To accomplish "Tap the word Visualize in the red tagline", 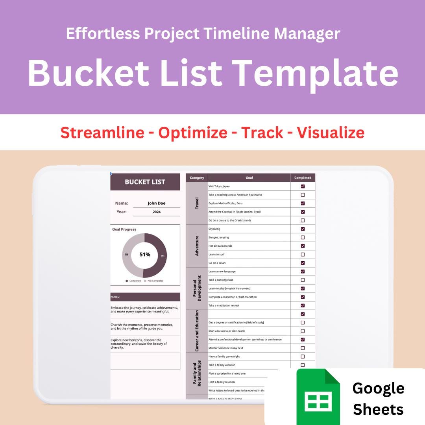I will (331, 133).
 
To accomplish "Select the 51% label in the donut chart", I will (145, 255).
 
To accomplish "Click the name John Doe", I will (156, 203).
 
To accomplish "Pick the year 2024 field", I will (156, 212).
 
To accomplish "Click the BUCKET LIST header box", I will (145, 182).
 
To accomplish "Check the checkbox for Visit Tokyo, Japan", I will (303, 187).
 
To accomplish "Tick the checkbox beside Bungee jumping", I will (303, 238).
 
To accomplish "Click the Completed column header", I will (303, 178).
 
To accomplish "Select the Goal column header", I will (249, 178).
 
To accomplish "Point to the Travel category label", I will (197, 203).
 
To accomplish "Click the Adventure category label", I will (197, 246).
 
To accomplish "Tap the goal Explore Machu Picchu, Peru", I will (225, 203).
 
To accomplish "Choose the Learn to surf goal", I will (216, 255).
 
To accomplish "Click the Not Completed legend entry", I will (155, 281).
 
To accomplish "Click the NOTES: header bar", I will (145, 297).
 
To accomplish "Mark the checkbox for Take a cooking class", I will (303, 280).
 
